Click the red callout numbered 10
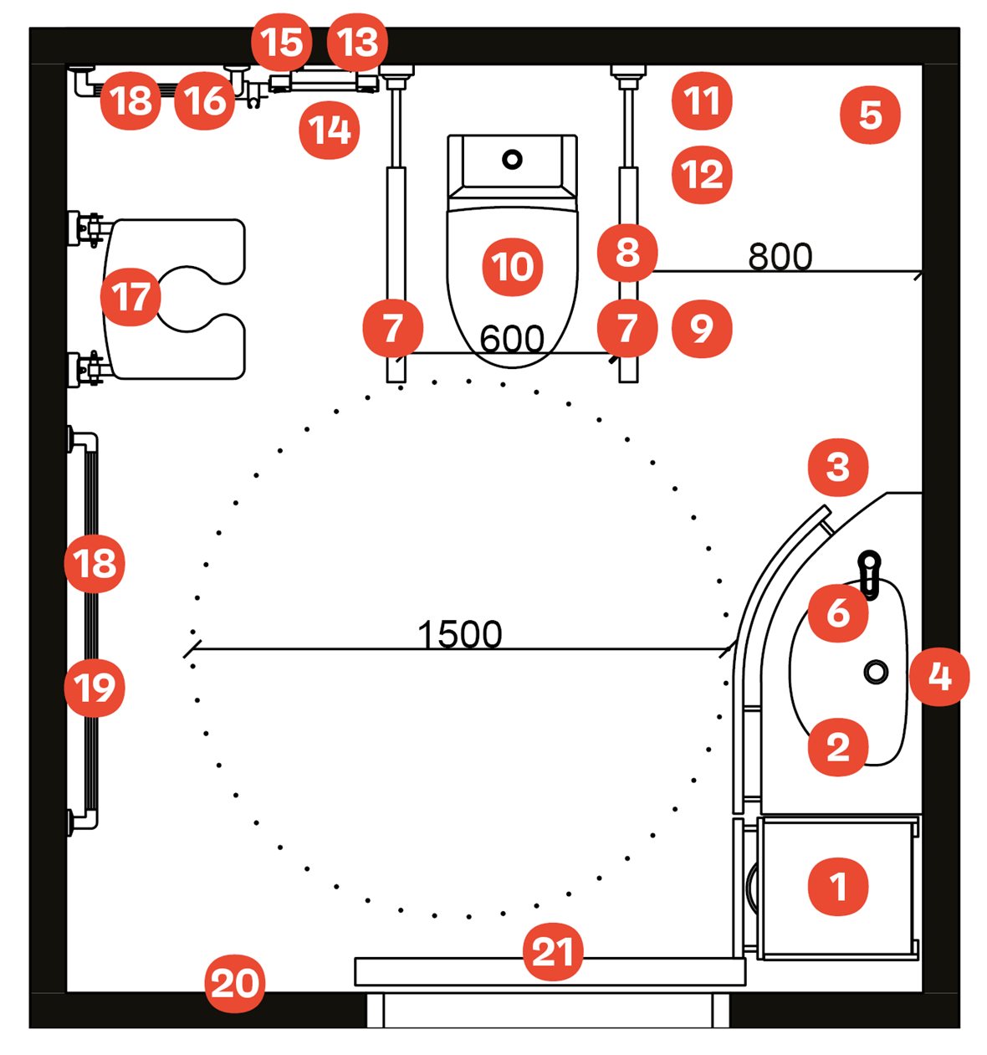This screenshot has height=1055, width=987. [x=513, y=268]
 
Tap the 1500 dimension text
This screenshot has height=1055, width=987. [x=459, y=635]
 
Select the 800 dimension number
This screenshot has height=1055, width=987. [x=780, y=257]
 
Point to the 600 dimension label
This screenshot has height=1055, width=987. [x=512, y=339]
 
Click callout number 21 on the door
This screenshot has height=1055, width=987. [x=553, y=952]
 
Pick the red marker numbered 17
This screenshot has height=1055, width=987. [x=130, y=297]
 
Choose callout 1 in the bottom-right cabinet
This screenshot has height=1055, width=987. [x=838, y=885]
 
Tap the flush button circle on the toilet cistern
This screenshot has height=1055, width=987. [x=512, y=159]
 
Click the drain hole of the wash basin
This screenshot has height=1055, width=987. [x=876, y=671]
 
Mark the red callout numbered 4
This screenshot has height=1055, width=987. [x=939, y=676]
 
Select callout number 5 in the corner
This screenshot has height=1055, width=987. [x=870, y=115]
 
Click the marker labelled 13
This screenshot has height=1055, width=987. [x=358, y=43]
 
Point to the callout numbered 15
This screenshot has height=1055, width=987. [x=282, y=43]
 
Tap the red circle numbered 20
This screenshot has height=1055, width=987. [x=236, y=984]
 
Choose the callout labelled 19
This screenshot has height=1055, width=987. [x=95, y=688]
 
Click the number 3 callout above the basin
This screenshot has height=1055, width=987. [x=838, y=466]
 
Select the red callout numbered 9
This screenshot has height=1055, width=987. [x=701, y=329]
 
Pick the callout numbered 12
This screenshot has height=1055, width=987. [x=702, y=175]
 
